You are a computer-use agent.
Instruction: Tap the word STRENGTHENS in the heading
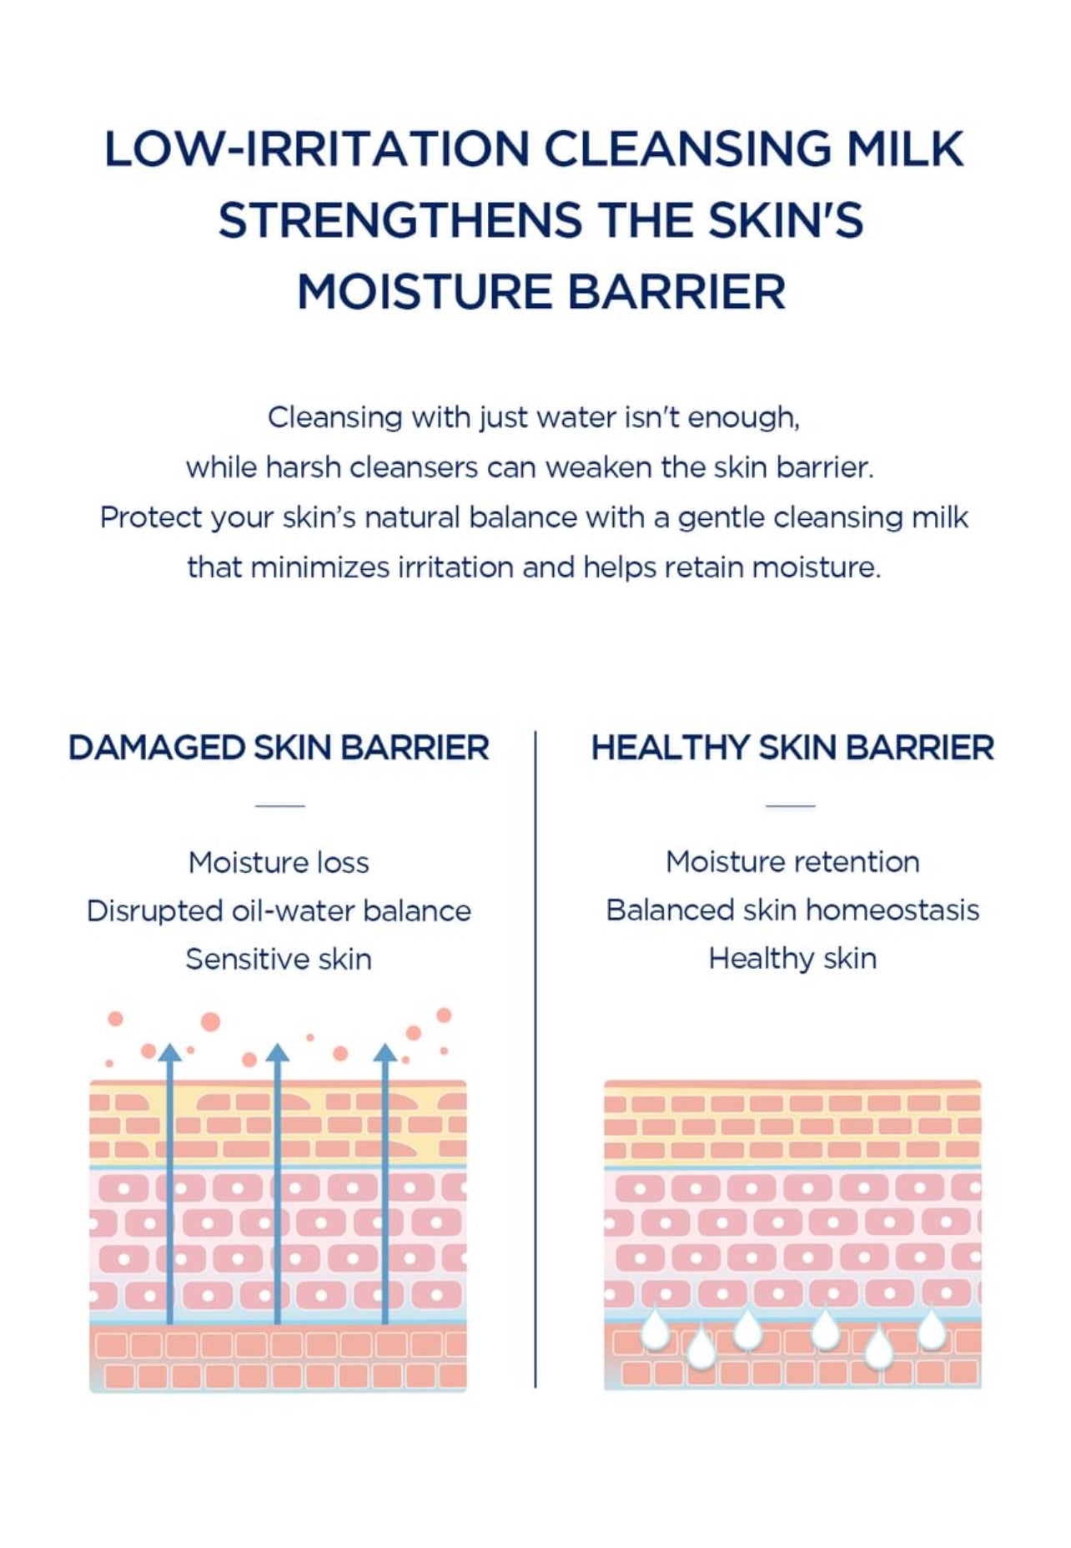(400, 220)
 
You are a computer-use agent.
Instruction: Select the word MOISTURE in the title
(424, 292)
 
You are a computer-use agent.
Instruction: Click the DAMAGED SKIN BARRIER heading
(279, 748)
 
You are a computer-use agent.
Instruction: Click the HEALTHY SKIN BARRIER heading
(792, 748)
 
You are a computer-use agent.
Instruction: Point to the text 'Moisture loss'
(279, 862)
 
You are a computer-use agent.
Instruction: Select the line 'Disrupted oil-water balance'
(279, 910)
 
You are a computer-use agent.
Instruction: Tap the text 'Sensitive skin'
(279, 959)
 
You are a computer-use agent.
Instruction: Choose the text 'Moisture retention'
(792, 861)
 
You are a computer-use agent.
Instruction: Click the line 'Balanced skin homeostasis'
(792, 910)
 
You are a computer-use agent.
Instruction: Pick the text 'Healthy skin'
(792, 959)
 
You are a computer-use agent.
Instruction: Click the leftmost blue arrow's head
(169, 1051)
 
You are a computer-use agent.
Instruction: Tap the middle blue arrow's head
(277, 1051)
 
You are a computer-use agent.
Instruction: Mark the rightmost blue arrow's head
(385, 1051)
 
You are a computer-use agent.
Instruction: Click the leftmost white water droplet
(656, 1329)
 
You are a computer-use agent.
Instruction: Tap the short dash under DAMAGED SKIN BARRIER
(279, 806)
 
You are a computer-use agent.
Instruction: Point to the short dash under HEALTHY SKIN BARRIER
(791, 806)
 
